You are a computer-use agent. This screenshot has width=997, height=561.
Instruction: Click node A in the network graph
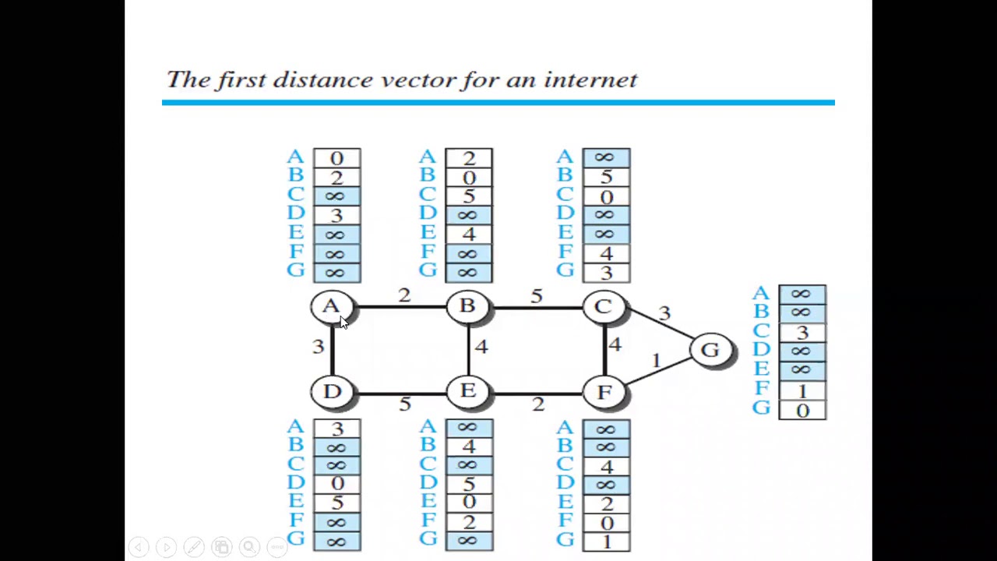coord(332,307)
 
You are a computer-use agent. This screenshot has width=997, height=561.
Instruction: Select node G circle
coord(710,350)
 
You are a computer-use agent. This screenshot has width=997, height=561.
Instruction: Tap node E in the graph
coord(468,391)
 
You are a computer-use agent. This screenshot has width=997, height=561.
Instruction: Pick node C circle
coord(604,307)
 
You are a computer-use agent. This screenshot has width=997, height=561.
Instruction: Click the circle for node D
coord(332,391)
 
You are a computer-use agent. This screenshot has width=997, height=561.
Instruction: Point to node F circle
coord(604,391)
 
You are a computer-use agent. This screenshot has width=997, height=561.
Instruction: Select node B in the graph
coord(467,307)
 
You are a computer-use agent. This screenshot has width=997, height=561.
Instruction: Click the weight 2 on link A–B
coord(403,295)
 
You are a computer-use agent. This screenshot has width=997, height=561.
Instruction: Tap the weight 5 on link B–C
coord(537,296)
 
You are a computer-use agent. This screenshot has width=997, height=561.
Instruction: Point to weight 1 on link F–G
coord(656,360)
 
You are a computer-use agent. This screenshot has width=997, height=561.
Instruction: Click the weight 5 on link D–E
coord(404,404)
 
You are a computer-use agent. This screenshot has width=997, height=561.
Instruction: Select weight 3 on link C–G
coord(664,313)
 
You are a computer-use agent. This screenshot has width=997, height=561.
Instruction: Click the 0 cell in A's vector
coord(336,158)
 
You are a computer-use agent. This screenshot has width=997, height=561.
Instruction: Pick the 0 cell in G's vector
coord(802,411)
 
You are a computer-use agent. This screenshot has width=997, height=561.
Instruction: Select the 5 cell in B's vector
coord(469,196)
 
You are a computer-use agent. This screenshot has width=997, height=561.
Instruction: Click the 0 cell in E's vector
coord(469,503)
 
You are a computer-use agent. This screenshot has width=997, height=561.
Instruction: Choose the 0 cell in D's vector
coord(336,484)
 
